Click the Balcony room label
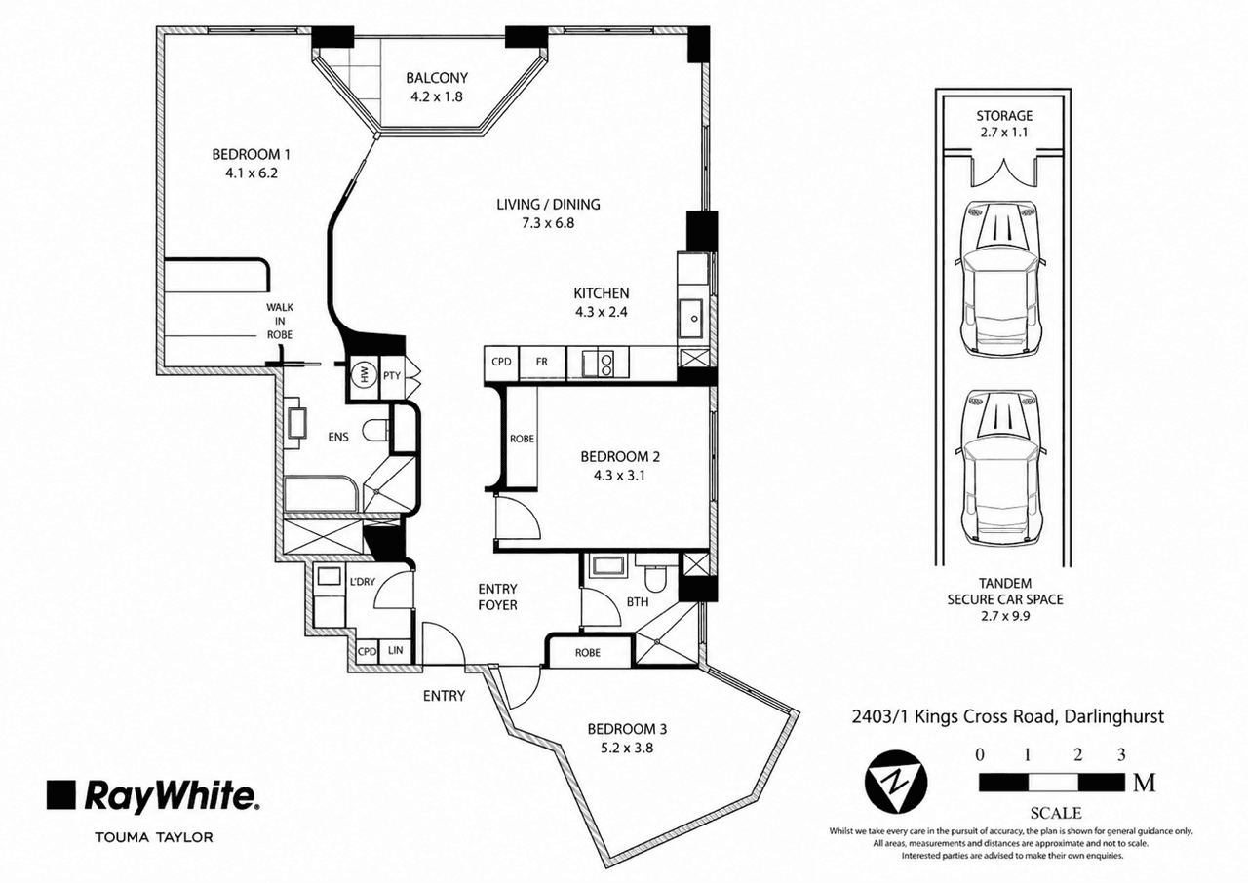(436, 78)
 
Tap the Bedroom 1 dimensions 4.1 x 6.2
(252, 173)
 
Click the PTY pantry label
(392, 376)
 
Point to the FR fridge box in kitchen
(541, 362)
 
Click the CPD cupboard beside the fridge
(501, 362)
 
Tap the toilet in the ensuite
(376, 431)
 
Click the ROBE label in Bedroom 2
(522, 439)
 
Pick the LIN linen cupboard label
(396, 650)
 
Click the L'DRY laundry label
(363, 582)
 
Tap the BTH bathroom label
(638, 602)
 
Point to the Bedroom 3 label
(627, 729)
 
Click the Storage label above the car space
(1004, 116)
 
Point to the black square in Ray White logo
(60, 794)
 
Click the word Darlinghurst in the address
(1113, 716)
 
